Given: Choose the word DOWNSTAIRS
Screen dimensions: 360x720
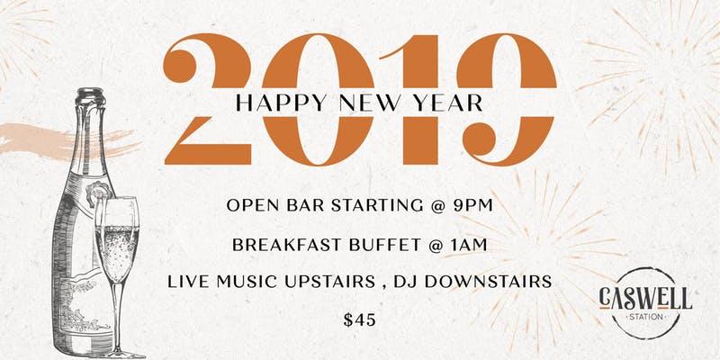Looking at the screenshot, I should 499,282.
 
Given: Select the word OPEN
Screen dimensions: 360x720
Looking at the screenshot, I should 251,206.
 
